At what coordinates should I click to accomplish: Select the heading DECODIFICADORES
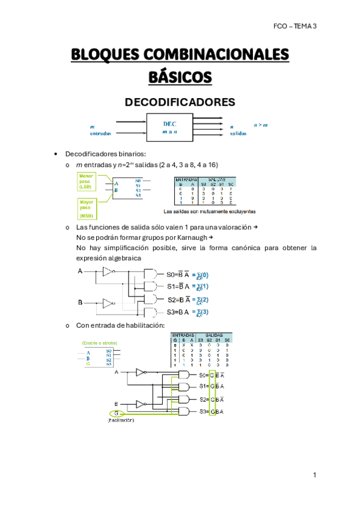180,102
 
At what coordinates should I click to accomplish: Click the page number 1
314,475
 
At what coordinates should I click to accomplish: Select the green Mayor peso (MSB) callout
86,207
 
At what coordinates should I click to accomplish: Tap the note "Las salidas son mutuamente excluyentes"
210,212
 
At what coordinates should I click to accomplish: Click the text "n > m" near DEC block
260,124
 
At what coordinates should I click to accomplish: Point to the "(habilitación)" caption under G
121,420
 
